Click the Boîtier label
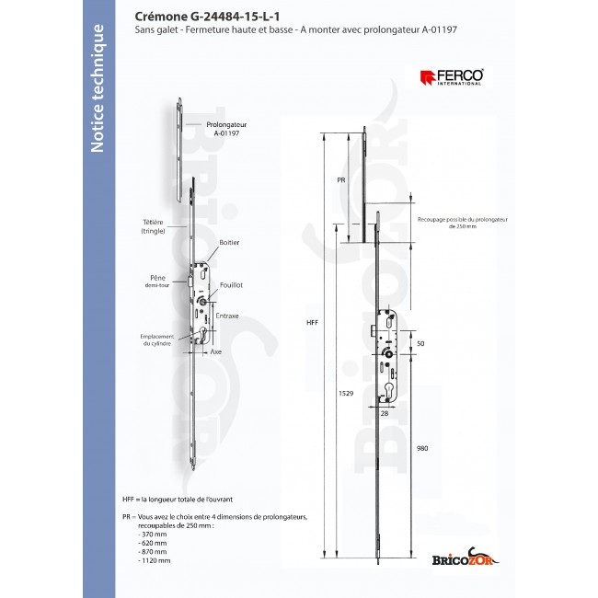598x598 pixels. pyautogui.click(x=229, y=242)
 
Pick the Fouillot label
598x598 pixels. pyautogui.click(x=231, y=286)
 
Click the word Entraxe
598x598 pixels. pyautogui.click(x=227, y=316)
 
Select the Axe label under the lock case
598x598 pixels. pyautogui.click(x=217, y=351)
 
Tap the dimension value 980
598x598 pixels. pyautogui.click(x=422, y=448)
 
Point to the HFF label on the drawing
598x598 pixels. pyautogui.click(x=312, y=322)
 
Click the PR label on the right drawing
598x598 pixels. pyautogui.click(x=339, y=181)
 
